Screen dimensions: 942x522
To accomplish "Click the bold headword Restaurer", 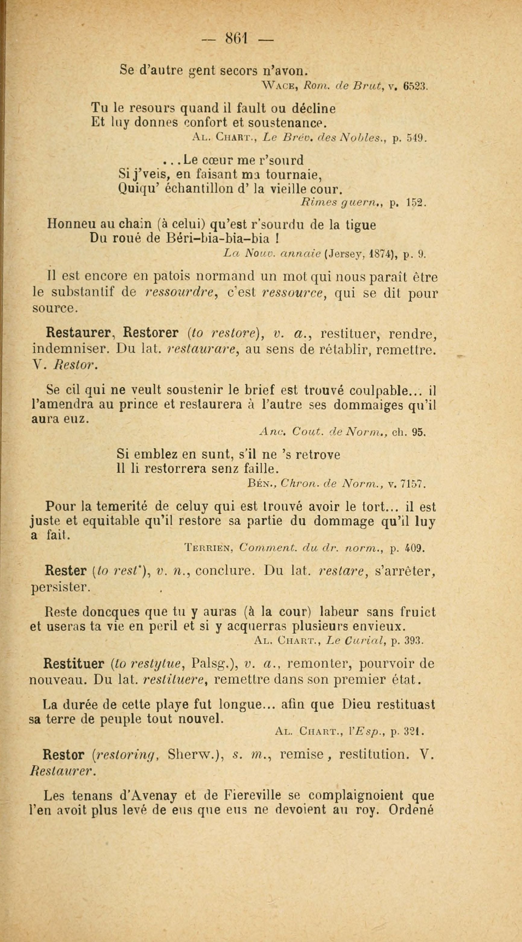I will click(78, 334).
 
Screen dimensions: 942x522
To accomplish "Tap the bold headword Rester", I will click(64, 571).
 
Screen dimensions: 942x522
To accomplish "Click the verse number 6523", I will click(414, 87).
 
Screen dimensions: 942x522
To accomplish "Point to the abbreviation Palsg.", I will click(210, 664).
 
